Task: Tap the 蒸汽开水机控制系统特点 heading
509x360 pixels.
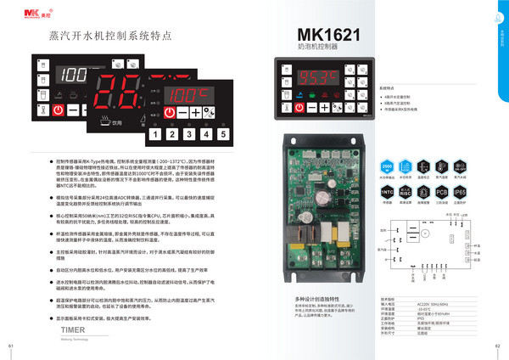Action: point(98,37)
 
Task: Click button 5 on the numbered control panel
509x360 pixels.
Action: point(221,133)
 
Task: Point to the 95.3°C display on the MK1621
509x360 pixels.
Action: point(315,76)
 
